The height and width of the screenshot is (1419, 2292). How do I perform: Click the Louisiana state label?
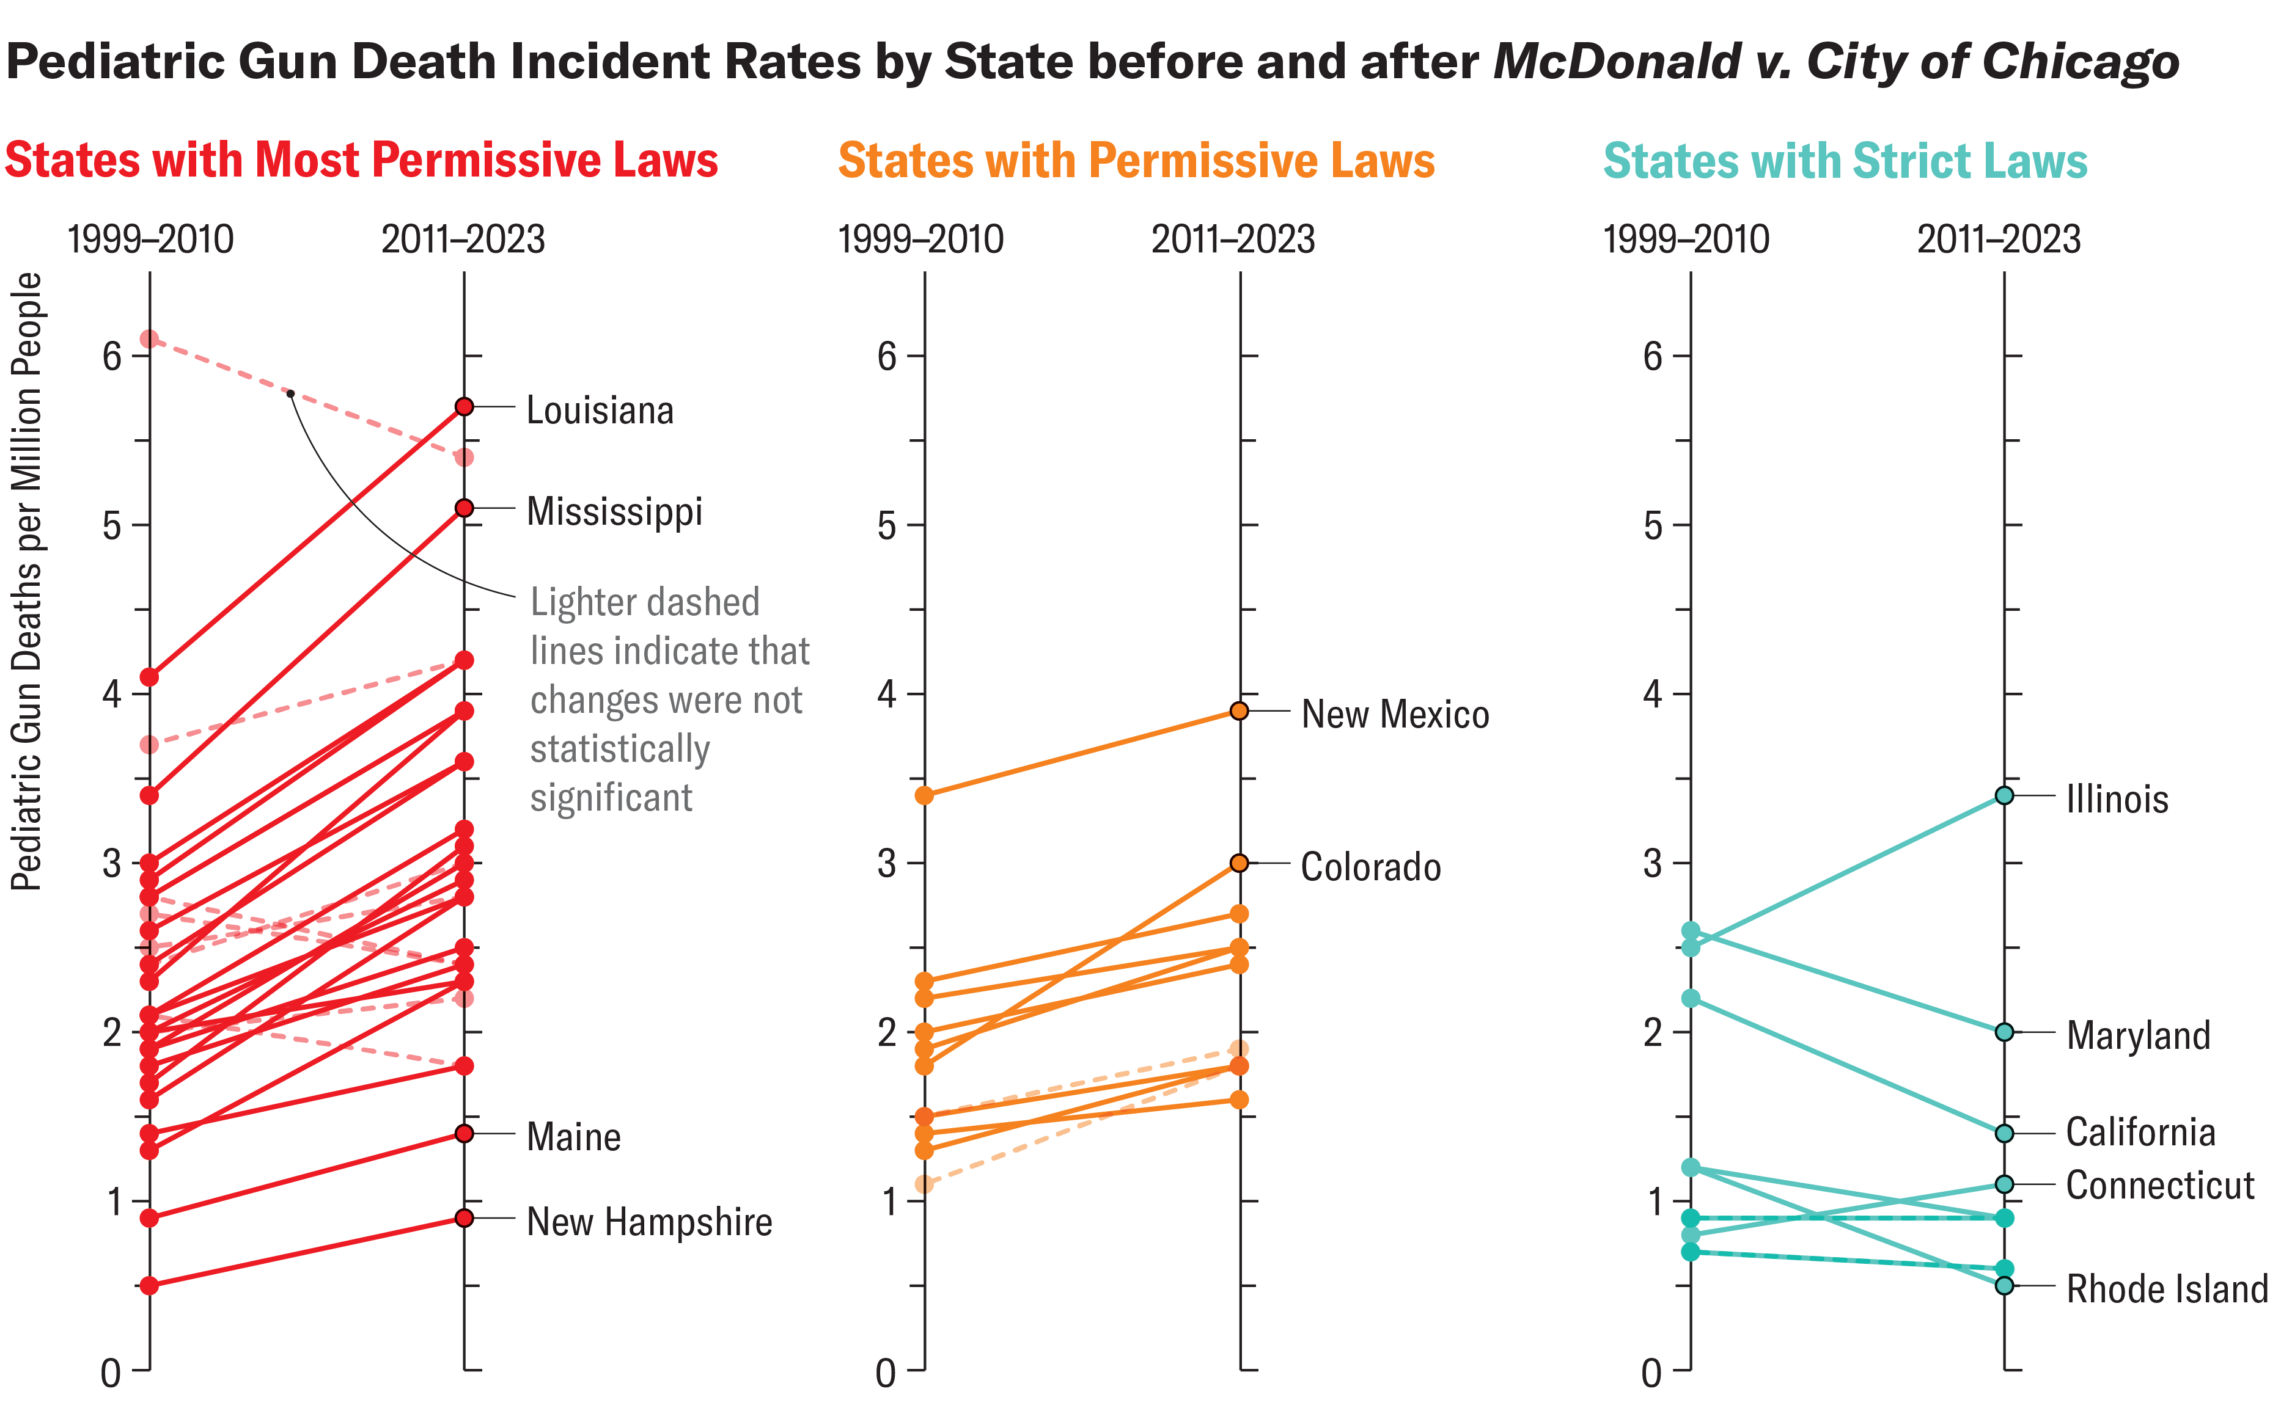(x=599, y=410)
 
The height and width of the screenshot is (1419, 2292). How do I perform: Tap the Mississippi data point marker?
(x=464, y=508)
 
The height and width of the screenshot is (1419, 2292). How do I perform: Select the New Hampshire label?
(x=649, y=1221)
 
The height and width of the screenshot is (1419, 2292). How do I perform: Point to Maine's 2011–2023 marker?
(x=464, y=1134)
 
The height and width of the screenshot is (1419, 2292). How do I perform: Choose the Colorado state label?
(x=1370, y=866)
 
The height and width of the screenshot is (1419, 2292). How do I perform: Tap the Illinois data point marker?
(x=2004, y=795)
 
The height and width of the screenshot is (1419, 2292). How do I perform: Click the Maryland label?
(x=2138, y=1035)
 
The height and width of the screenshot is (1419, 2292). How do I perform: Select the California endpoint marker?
(x=2004, y=1134)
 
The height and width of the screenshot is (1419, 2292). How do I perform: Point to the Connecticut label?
(x=2159, y=1185)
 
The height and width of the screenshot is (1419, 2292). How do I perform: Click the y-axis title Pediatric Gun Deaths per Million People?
(x=26, y=582)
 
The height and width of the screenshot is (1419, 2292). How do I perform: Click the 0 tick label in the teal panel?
(x=1651, y=1374)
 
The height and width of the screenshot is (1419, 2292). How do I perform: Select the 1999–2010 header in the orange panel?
(x=920, y=239)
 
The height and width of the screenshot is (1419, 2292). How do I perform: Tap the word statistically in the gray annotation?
(x=620, y=749)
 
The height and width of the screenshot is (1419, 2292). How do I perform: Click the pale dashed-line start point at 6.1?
(x=149, y=339)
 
